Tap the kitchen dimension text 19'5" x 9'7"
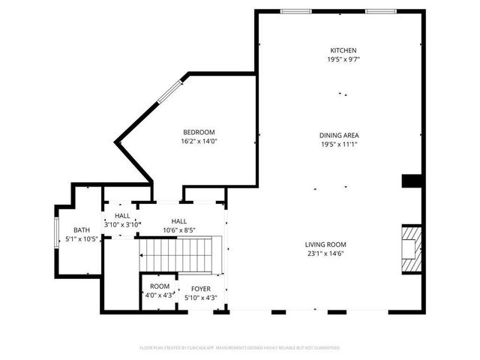pos(339,59)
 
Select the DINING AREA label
pos(339,135)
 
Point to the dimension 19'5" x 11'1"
pos(339,144)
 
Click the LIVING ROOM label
pos(325,244)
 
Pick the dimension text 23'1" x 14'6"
pos(325,253)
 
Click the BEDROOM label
pos(198,132)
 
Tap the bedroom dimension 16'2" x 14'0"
pos(198,141)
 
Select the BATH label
pos(81,230)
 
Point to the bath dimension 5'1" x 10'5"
pos(81,239)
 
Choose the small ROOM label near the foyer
pos(159,286)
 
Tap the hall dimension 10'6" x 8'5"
pos(178,230)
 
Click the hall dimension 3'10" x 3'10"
pos(121,224)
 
